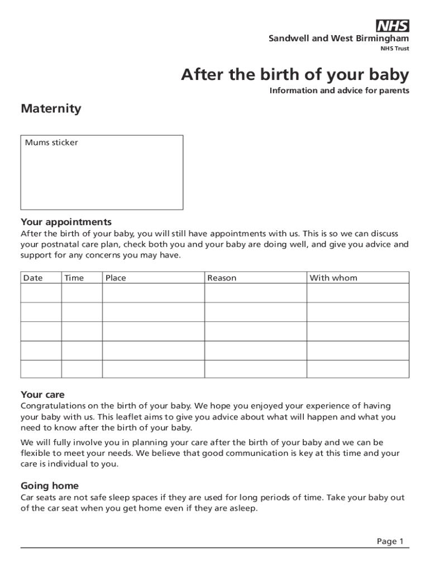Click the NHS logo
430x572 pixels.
[x=393, y=26]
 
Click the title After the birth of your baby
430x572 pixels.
[x=294, y=74]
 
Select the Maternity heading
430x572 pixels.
[x=51, y=108]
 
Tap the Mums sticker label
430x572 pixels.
[x=51, y=142]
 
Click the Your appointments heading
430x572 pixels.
[x=66, y=222]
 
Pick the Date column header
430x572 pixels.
[x=33, y=278]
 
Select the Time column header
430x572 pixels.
[x=74, y=278]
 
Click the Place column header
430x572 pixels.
[x=116, y=278]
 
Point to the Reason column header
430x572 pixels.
[x=222, y=278]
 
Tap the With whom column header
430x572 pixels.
[x=333, y=278]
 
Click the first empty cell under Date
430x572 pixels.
[x=41, y=293]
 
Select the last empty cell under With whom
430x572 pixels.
[x=357, y=369]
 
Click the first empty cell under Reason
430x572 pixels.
[x=255, y=293]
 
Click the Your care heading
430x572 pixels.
[x=42, y=395]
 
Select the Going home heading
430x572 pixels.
[x=50, y=485]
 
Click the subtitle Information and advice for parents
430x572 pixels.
[x=339, y=90]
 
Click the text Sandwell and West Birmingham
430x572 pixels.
[x=338, y=39]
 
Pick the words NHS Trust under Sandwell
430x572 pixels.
[x=394, y=49]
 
